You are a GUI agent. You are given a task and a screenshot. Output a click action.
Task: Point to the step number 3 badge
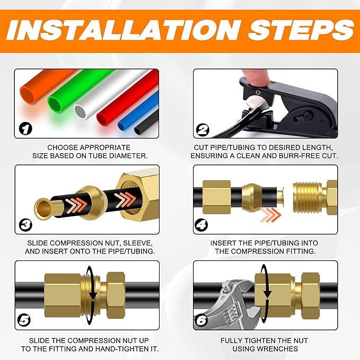point(26,225)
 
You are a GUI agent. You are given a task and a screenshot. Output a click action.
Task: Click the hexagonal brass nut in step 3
point(137,196)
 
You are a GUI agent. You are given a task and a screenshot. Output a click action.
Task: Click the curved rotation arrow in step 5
point(93,290)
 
